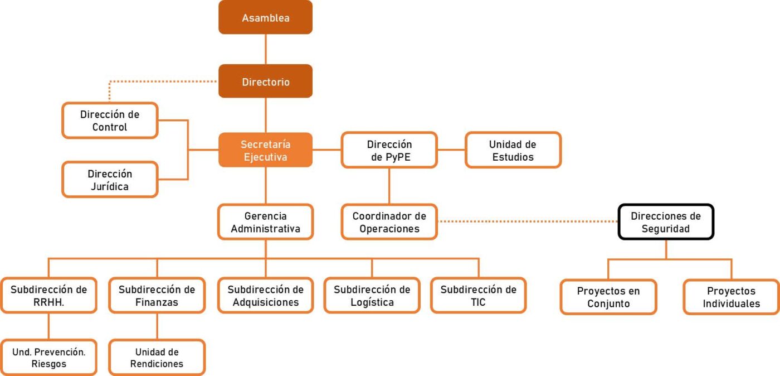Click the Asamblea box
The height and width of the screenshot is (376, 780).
coord(265,18)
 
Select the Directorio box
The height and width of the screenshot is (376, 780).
coord(265,81)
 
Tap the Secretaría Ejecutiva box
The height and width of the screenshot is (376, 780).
coord(265,150)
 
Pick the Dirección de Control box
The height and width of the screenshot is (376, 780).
coord(110,120)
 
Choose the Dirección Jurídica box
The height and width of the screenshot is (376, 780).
coord(110,180)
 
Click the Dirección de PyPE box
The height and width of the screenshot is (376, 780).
coord(389,150)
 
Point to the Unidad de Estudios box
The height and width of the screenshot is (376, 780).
coord(513,150)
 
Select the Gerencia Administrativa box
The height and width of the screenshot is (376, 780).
coord(265,222)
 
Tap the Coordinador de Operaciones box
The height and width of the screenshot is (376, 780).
coord(389,222)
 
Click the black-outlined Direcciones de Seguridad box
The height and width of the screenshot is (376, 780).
coord(666,222)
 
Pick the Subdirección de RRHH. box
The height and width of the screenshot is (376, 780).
coord(48,296)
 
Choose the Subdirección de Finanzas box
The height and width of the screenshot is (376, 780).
coord(157,296)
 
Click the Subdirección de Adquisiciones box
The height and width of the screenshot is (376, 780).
coord(265,296)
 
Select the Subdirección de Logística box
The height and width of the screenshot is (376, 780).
coord(372,296)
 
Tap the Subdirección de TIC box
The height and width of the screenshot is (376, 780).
coord(478,296)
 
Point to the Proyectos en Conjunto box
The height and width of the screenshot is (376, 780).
coord(608,297)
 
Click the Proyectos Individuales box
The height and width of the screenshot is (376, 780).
coord(731,297)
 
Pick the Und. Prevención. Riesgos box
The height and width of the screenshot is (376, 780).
coord(48,358)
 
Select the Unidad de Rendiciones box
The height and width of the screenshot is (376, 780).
coord(157,358)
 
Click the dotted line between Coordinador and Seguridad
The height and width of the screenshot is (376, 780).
coord(528,222)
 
